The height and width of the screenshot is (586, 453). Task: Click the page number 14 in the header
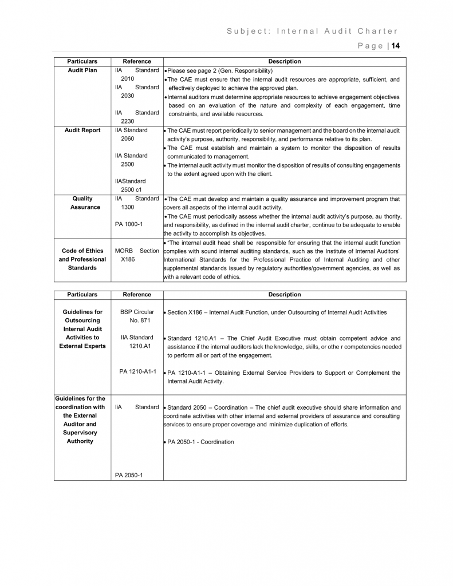[x=395, y=46]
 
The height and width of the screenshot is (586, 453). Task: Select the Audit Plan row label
[x=82, y=70]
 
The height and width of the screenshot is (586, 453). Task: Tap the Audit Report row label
[x=82, y=130]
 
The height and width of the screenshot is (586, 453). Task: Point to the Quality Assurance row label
[x=85, y=203]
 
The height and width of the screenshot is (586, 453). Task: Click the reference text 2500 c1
[x=132, y=189]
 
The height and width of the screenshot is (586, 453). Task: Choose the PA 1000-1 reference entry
[x=129, y=224]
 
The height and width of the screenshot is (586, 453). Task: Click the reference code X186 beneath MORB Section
[x=128, y=259]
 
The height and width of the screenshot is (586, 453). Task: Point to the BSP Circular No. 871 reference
[x=137, y=316]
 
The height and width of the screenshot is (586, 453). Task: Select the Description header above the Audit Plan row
[x=284, y=62]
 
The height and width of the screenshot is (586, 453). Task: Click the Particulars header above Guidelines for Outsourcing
[x=82, y=295]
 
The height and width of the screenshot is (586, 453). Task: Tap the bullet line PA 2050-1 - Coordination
[x=200, y=442]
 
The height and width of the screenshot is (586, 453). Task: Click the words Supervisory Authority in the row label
[x=80, y=437]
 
